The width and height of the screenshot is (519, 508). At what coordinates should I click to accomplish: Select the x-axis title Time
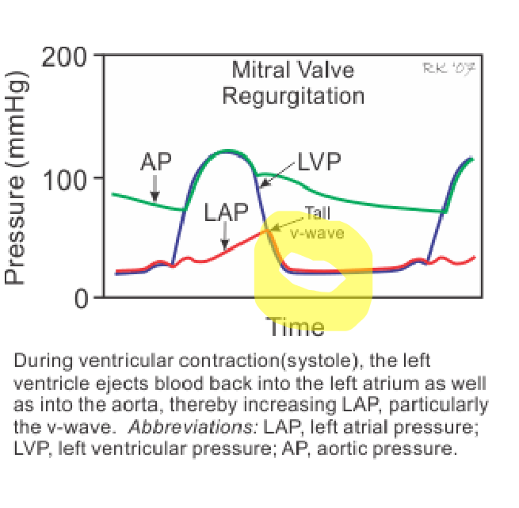[x=295, y=326]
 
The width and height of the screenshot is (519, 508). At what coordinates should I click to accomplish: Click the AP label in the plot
[x=155, y=162]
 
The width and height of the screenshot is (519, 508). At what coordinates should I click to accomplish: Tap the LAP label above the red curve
[x=226, y=213]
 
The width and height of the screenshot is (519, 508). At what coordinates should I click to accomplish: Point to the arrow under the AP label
[x=155, y=188]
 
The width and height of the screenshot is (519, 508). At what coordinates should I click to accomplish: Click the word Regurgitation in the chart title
[x=292, y=96]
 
